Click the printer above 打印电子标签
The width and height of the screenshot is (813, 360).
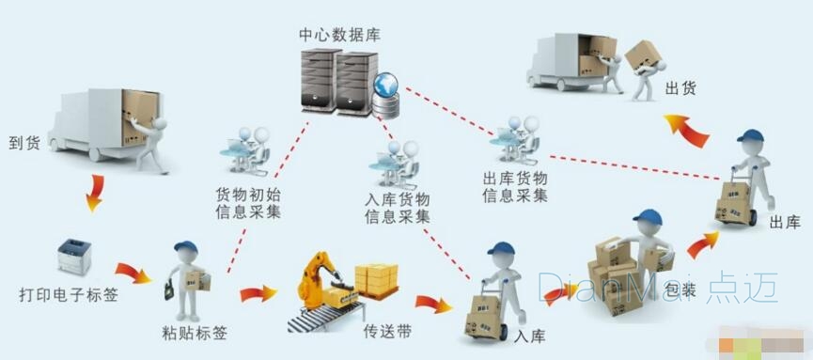coord(74,257)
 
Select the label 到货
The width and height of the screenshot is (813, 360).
coord(24,143)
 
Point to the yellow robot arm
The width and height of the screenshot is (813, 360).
coord(317,280)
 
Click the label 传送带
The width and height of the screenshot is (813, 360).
coord(387,331)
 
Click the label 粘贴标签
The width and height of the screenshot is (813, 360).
coord(195,333)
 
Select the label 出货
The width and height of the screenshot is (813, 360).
coord(680,89)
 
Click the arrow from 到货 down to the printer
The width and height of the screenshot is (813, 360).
coord(95,193)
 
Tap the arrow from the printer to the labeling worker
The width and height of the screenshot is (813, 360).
coord(133,273)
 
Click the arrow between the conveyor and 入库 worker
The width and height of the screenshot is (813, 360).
coord(433,304)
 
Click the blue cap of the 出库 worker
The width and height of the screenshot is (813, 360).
coord(750,136)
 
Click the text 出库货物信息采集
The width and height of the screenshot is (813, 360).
coord(515,187)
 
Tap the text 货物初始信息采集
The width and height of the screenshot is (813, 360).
coord(248,203)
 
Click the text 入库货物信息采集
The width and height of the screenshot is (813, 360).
coord(398,208)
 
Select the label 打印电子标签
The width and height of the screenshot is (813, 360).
coord(69,296)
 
